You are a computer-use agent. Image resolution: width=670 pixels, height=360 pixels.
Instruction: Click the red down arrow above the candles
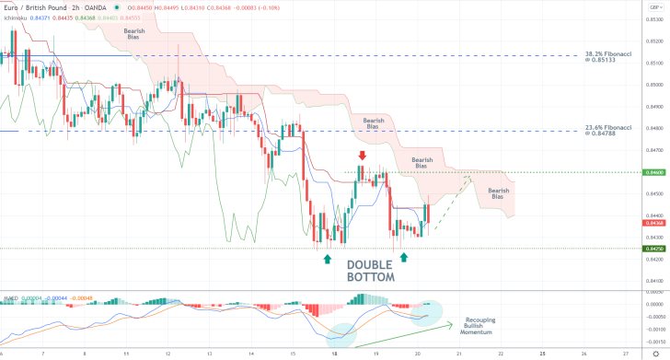tap(363, 157)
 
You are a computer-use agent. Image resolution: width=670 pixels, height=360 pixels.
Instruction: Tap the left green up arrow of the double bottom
tap(328, 258)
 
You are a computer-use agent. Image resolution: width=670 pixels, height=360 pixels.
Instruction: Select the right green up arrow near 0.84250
tap(403, 258)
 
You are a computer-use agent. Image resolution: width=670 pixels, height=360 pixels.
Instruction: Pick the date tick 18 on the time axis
tap(334, 352)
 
